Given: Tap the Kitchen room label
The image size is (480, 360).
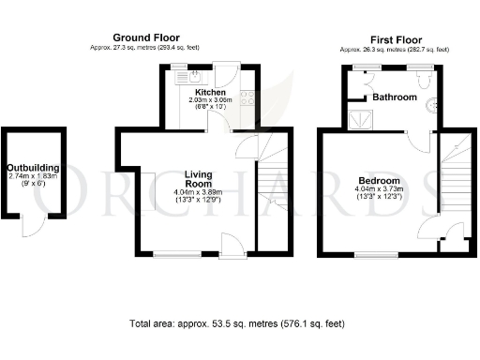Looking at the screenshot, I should pyautogui.click(x=210, y=92).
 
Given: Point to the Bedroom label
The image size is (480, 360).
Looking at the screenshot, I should pyautogui.click(x=379, y=180).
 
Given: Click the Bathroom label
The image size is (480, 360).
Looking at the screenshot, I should pyautogui.click(x=395, y=97).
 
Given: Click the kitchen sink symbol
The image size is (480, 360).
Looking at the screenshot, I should pyautogui.click(x=195, y=76).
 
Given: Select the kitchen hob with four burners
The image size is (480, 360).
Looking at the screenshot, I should pyautogui.click(x=247, y=96).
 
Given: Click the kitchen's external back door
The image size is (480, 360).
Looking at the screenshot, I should pyautogui.click(x=226, y=75).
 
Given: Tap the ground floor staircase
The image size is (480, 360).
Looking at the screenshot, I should pyautogui.click(x=274, y=192).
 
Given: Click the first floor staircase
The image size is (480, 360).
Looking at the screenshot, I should pyautogui.click(x=455, y=183).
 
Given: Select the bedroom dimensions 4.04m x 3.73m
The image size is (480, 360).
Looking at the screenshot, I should pyautogui.click(x=379, y=190).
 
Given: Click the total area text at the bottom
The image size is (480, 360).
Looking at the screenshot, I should pyautogui.click(x=236, y=323).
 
